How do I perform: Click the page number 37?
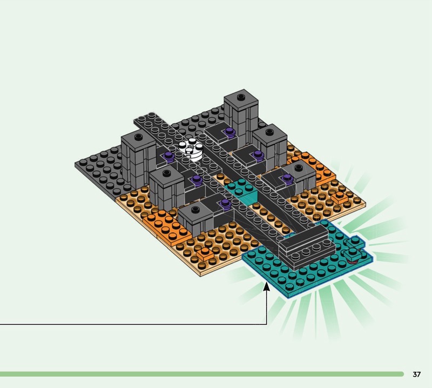click(x=416, y=374)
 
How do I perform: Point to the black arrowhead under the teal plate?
click(x=266, y=287)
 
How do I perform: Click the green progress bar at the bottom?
click(x=202, y=374)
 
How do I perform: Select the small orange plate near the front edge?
click(x=205, y=253)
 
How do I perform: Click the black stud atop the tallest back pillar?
click(x=241, y=97)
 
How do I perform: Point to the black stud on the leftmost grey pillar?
click(x=138, y=137)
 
